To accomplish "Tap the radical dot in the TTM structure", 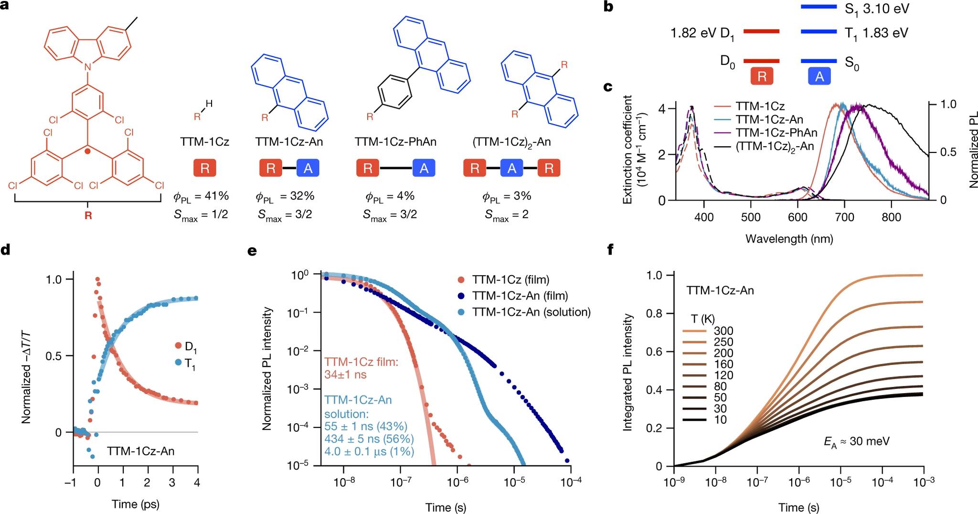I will [87, 151].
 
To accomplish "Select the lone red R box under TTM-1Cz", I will [204, 168].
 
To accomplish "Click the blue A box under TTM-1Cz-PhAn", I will [424, 168].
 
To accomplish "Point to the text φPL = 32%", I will [285, 196].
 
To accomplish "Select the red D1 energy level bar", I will [762, 32].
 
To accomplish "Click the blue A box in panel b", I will [819, 76].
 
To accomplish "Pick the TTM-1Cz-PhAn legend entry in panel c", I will [776, 133].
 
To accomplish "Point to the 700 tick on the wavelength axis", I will [844, 217].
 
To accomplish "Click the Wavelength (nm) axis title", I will [789, 238].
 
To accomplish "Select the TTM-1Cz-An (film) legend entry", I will [520, 296].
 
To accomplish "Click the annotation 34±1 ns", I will [345, 375].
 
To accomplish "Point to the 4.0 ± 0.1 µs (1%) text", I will [369, 451].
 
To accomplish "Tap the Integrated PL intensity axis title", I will [628, 373].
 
